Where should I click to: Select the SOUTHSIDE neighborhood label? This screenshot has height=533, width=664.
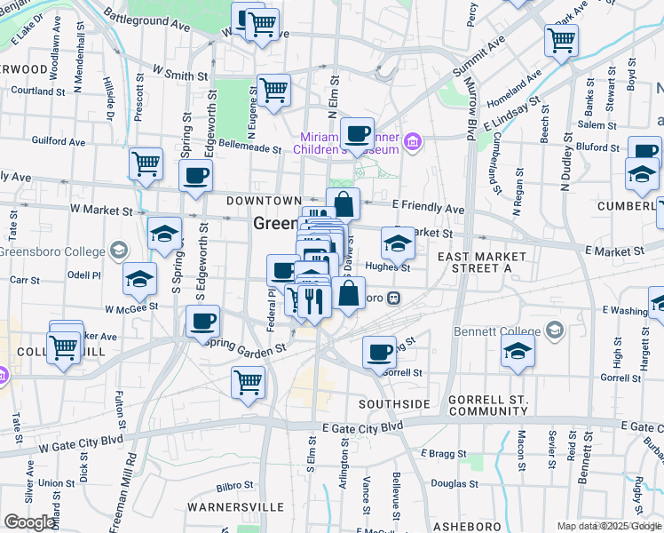tap(394, 404)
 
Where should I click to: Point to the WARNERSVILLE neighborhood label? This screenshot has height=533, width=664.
tap(235, 507)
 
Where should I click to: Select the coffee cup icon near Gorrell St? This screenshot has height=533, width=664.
tap(379, 352)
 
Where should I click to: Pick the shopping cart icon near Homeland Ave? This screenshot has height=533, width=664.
tap(562, 40)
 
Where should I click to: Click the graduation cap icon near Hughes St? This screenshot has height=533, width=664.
tap(398, 243)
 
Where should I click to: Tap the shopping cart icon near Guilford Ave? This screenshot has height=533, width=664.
tap(146, 163)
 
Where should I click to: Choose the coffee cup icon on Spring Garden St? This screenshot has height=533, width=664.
tap(202, 321)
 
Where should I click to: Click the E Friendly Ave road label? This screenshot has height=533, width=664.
tap(429, 209)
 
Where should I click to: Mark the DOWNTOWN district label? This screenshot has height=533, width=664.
tap(264, 202)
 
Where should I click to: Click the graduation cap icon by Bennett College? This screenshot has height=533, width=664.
tap(518, 352)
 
